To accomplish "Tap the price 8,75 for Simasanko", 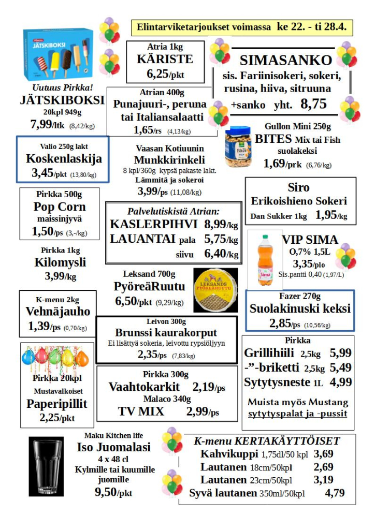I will (313, 104).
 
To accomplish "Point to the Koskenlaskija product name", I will (64, 159).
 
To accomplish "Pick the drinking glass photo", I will (45, 465).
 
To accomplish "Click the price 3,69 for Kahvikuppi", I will (324, 454).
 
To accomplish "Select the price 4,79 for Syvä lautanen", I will (335, 493).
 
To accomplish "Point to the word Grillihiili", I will (269, 354).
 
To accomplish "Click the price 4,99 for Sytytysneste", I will (341, 382).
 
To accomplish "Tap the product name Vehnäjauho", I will (58, 312).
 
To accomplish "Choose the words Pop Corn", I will (60, 207).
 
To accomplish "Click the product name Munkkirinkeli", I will (169, 159).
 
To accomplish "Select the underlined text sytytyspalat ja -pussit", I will (297, 414).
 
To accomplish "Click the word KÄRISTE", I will (165, 59).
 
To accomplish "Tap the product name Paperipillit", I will (57, 404).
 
